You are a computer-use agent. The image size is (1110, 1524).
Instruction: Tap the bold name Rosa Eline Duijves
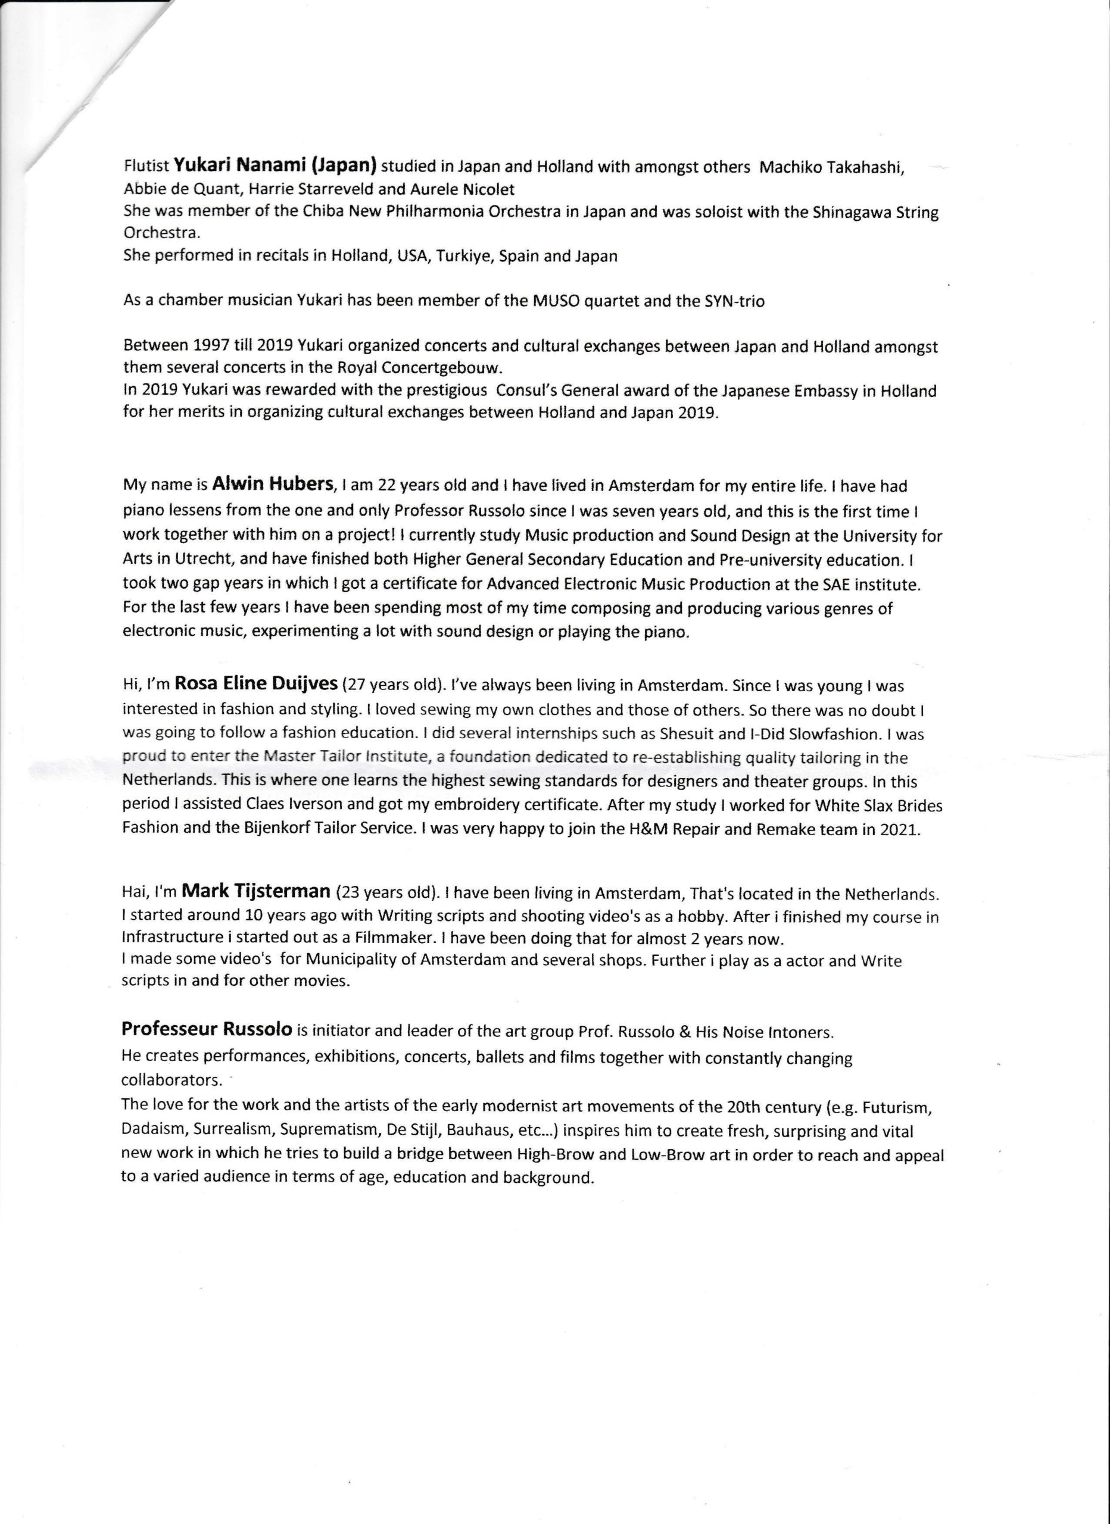tap(256, 684)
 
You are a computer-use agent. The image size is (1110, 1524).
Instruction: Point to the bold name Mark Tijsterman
tap(256, 892)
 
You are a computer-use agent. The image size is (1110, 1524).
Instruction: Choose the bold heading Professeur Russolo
tap(207, 1029)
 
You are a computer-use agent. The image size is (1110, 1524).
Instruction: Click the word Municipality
tap(353, 960)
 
